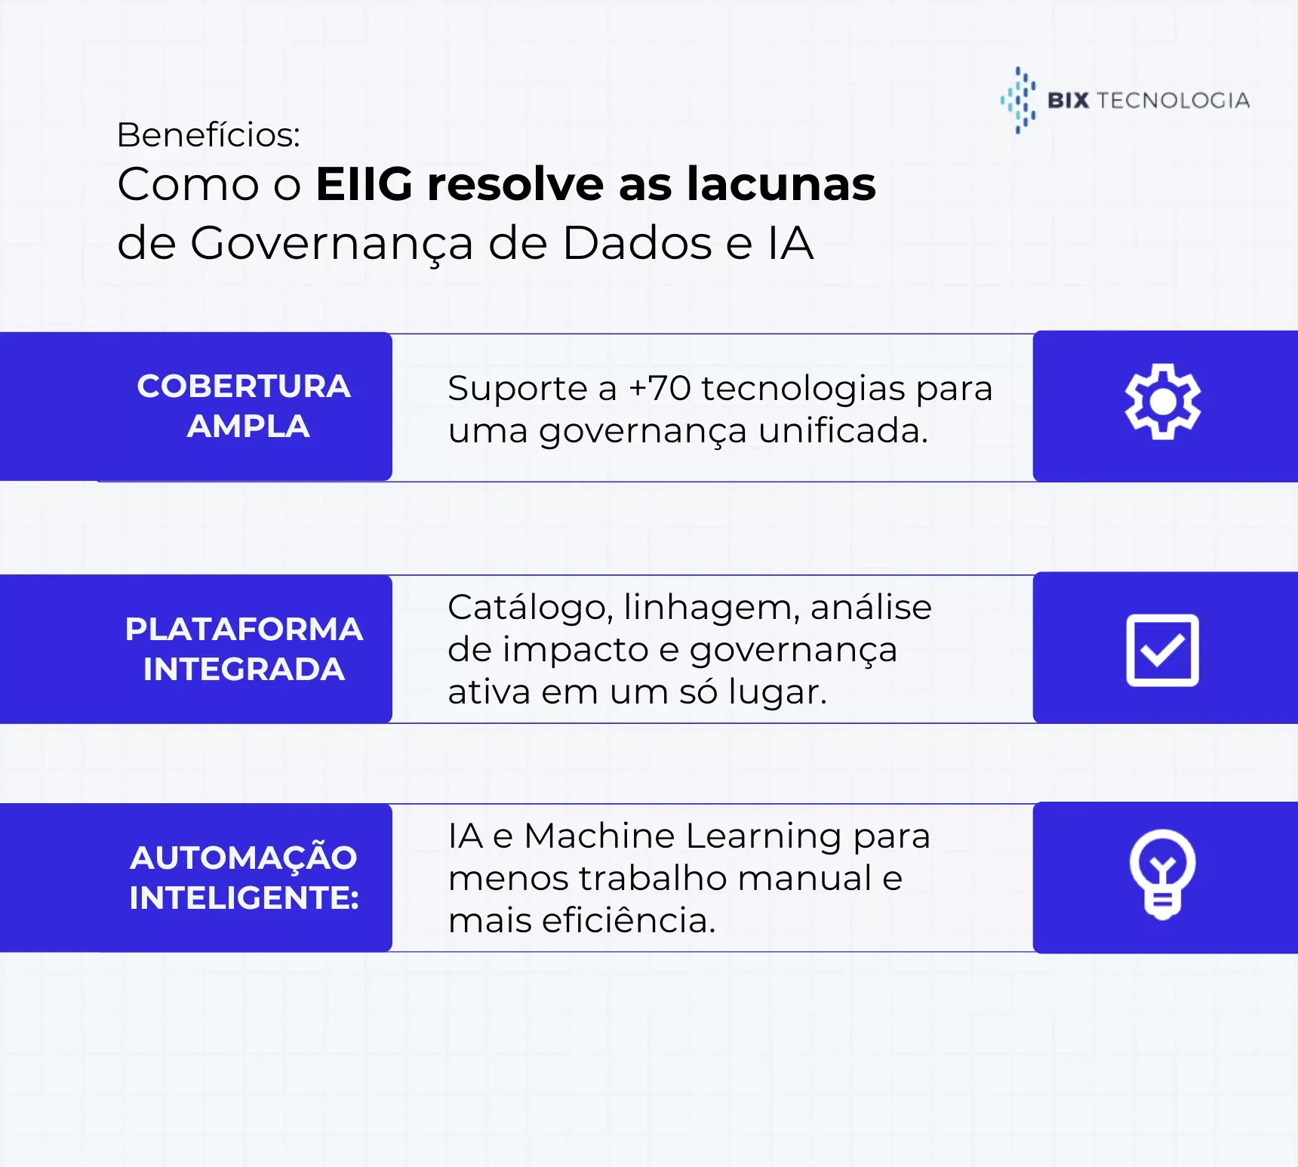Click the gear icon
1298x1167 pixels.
[x=1162, y=402]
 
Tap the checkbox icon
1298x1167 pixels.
[x=1162, y=650]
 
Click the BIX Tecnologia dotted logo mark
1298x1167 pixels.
[x=1018, y=100]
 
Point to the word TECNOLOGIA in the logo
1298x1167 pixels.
[x=1173, y=100]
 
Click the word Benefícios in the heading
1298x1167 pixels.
[x=208, y=135]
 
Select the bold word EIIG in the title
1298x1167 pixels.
[x=364, y=184]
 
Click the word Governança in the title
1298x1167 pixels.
[x=332, y=244]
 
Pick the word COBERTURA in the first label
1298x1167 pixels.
[x=244, y=386]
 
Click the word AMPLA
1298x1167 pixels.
[x=248, y=426]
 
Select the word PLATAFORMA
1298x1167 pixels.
[x=244, y=630]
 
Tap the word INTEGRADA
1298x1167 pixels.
[x=244, y=670]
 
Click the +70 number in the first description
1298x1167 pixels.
[x=660, y=389]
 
